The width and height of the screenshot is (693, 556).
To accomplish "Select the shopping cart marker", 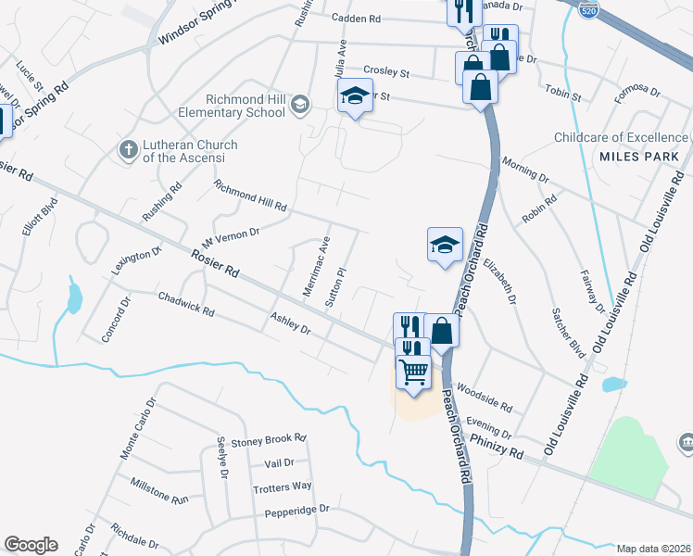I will (x=413, y=372).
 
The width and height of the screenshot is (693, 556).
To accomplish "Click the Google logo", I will (x=30, y=545).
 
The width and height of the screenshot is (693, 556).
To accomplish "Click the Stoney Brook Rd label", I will (x=269, y=439).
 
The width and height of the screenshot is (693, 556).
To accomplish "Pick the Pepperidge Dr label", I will (x=297, y=509).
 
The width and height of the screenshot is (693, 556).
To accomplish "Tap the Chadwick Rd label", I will (x=186, y=305).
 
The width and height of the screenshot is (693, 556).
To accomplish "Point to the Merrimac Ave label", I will (x=317, y=267).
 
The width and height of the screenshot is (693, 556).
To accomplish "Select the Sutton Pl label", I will (x=335, y=286).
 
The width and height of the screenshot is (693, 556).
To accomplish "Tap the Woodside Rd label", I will (x=485, y=398).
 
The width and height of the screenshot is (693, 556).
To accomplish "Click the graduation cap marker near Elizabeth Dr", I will (x=445, y=246).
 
